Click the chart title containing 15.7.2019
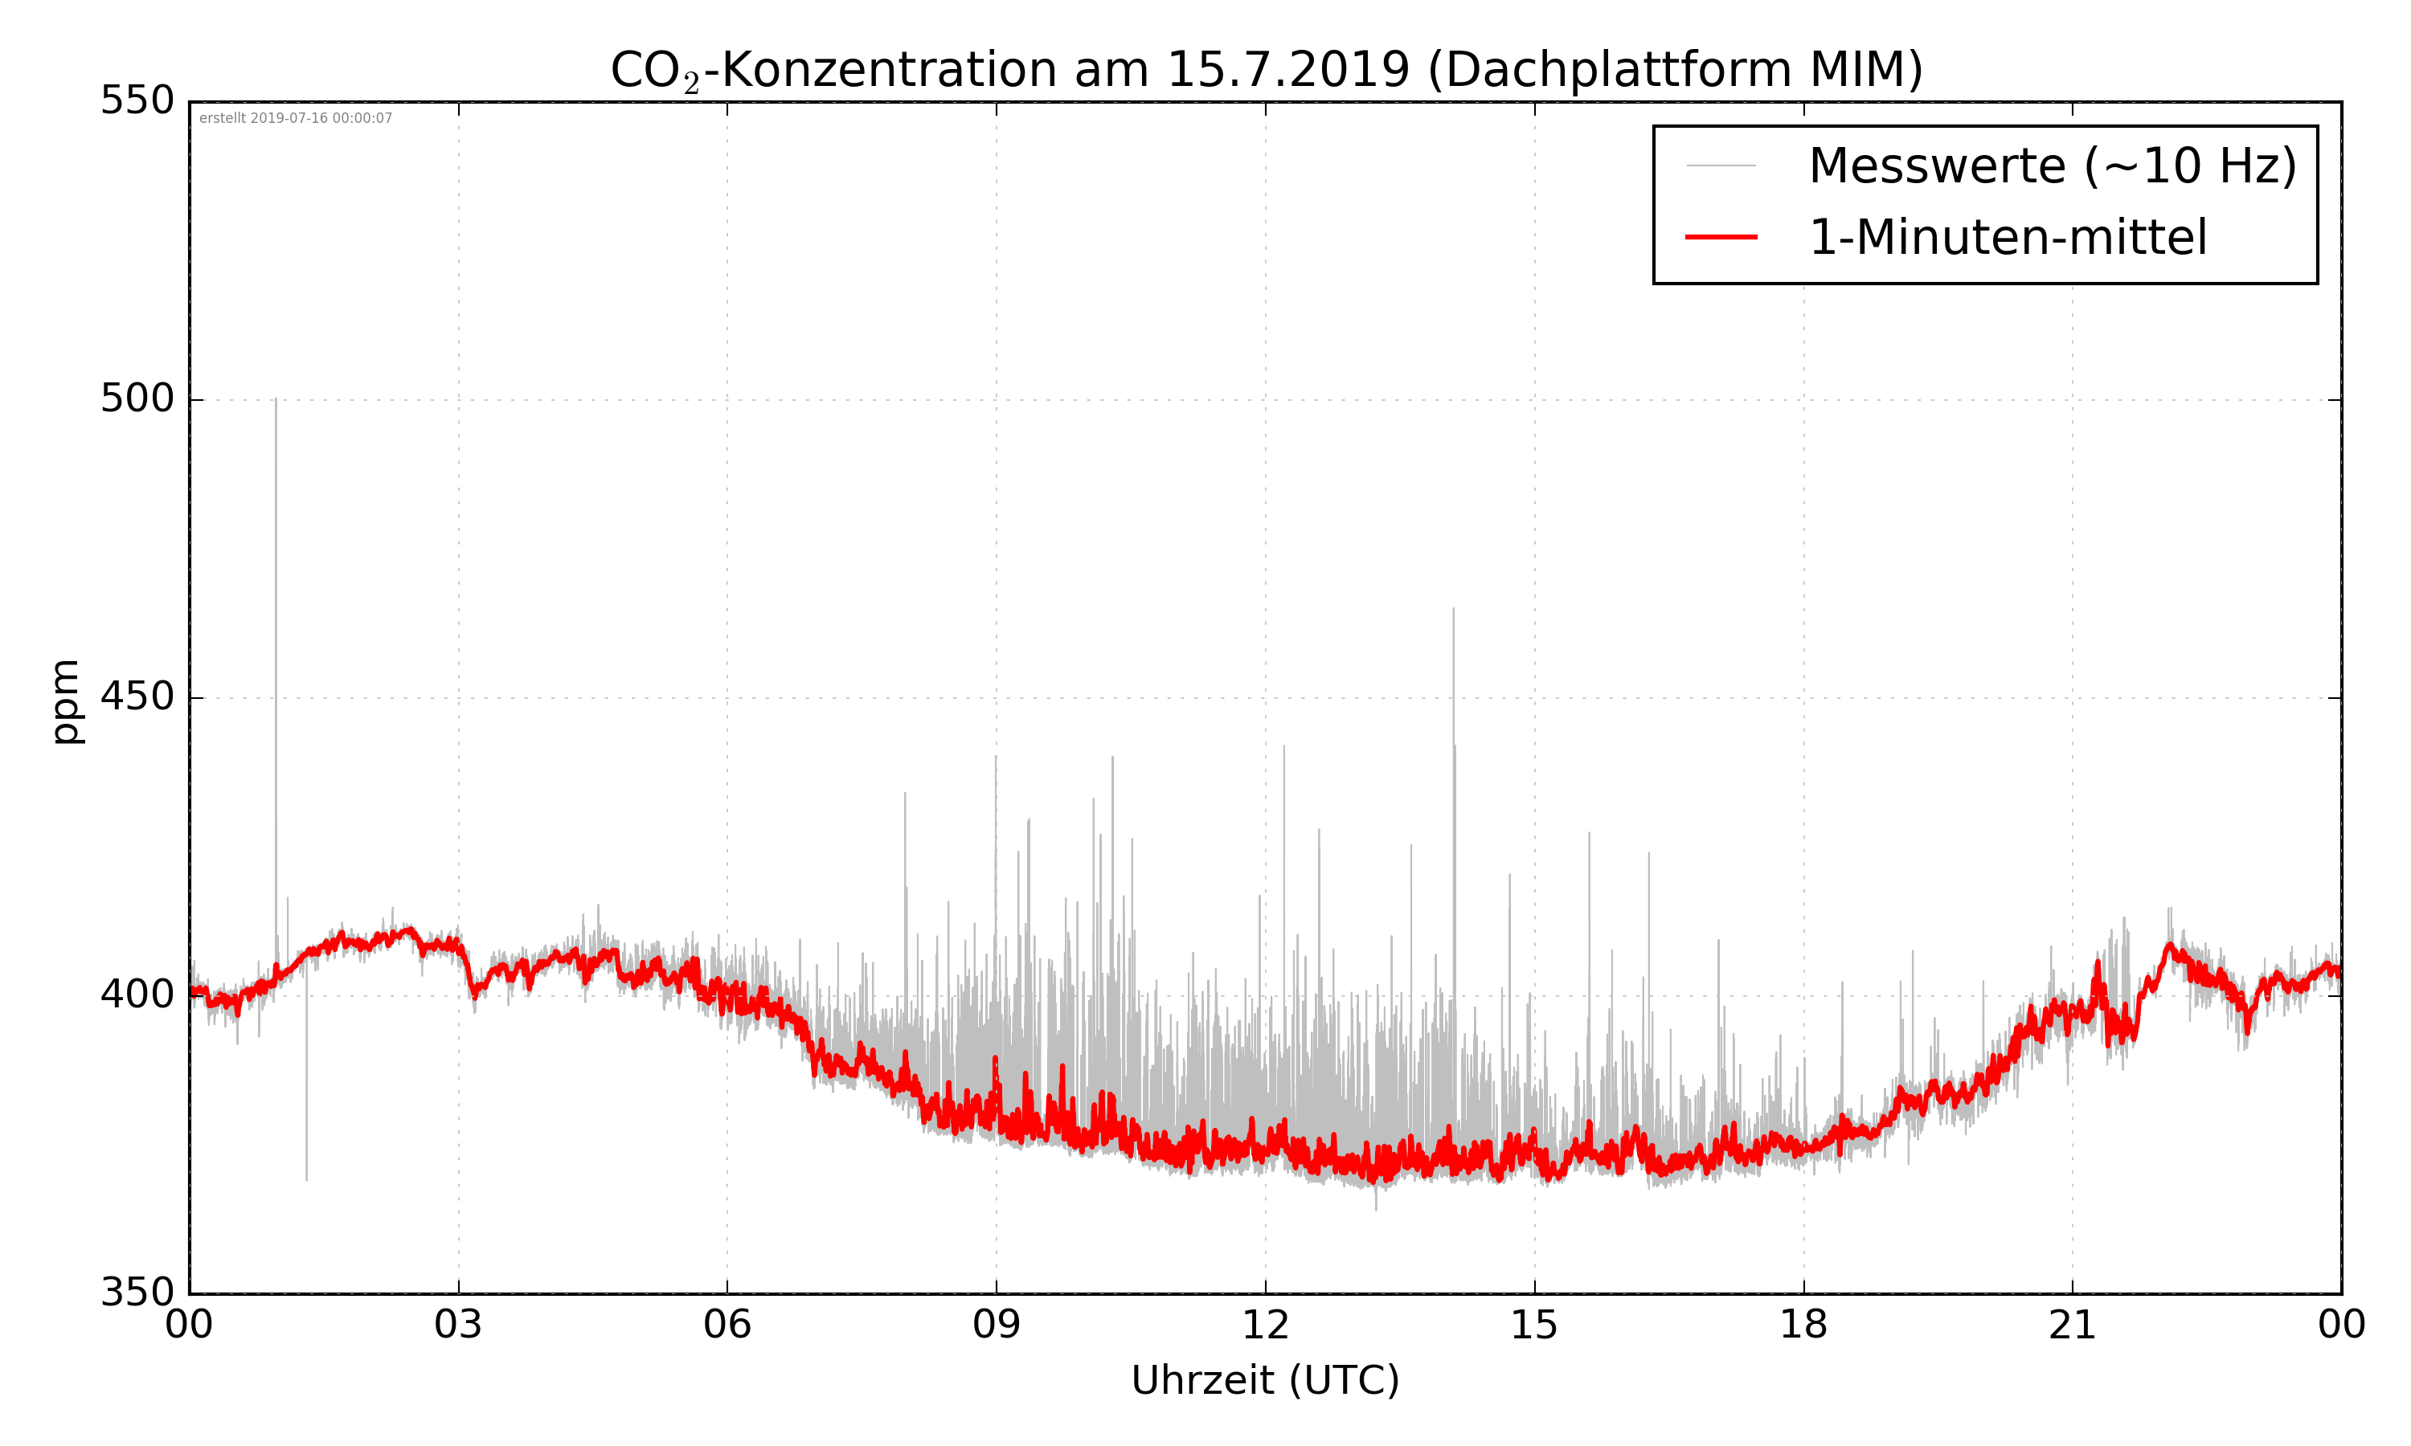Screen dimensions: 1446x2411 pos(1266,70)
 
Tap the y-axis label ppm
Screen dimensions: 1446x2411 pos(66,701)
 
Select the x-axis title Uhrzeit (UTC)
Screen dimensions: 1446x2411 pos(1265,1381)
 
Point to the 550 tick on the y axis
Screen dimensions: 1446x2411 pos(137,100)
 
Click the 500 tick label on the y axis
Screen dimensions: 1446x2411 pos(137,398)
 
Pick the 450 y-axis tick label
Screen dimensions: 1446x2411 pos(137,696)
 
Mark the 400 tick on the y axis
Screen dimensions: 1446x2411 pos(137,995)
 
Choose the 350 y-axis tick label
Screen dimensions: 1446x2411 pos(137,1293)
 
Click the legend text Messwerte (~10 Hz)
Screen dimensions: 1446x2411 pos(2053,165)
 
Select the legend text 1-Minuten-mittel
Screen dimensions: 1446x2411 pos(2008,238)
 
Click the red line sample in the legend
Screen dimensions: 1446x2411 pos(1721,237)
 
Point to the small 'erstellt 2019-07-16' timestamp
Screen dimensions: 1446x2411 pos(295,119)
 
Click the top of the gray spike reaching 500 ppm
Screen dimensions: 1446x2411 pos(276,399)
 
